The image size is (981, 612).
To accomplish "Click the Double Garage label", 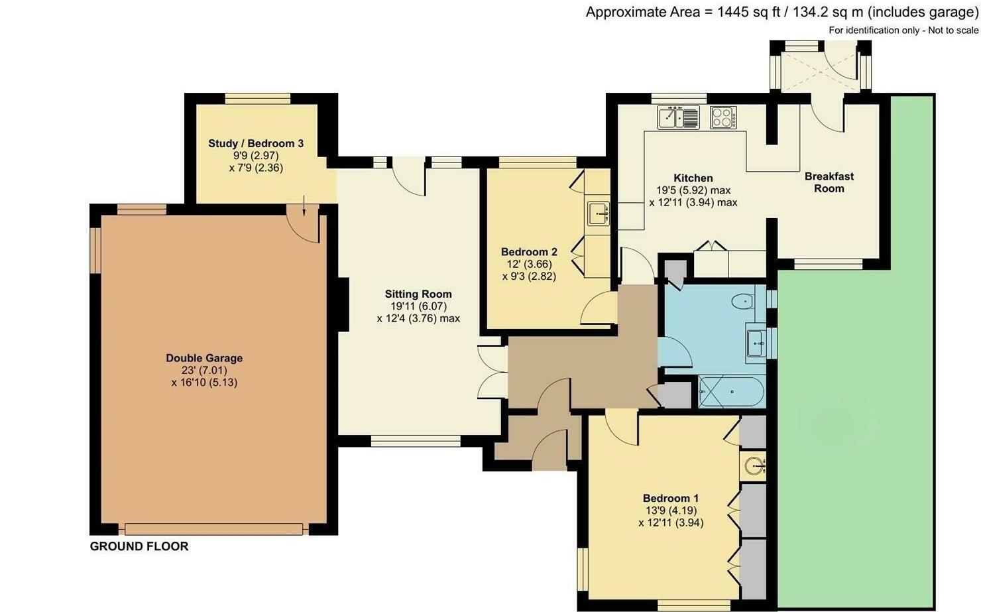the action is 204,358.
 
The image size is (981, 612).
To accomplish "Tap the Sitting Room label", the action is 418,294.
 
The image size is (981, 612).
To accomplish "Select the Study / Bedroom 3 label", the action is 256,143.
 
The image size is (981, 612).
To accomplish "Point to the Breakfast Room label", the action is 829,182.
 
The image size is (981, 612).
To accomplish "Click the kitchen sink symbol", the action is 678,117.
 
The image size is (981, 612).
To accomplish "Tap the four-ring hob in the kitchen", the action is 724,117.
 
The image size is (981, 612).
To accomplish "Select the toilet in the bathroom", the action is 743,302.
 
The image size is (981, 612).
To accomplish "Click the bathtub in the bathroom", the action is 731,392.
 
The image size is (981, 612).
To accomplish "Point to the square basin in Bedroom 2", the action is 599,214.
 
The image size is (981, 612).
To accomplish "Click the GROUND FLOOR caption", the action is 139,546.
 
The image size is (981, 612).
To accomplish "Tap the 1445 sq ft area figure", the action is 748,12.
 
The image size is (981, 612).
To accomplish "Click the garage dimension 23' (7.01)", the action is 204,370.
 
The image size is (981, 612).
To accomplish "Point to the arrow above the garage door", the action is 304,206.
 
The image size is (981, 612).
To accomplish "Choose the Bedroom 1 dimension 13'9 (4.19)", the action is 671,511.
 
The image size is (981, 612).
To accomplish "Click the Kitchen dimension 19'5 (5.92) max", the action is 693,190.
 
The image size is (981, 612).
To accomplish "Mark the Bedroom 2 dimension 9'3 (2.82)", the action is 529,276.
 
